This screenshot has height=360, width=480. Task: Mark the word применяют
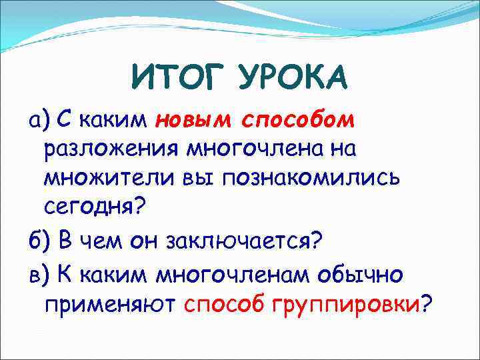pyautogui.click(x=109, y=305)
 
